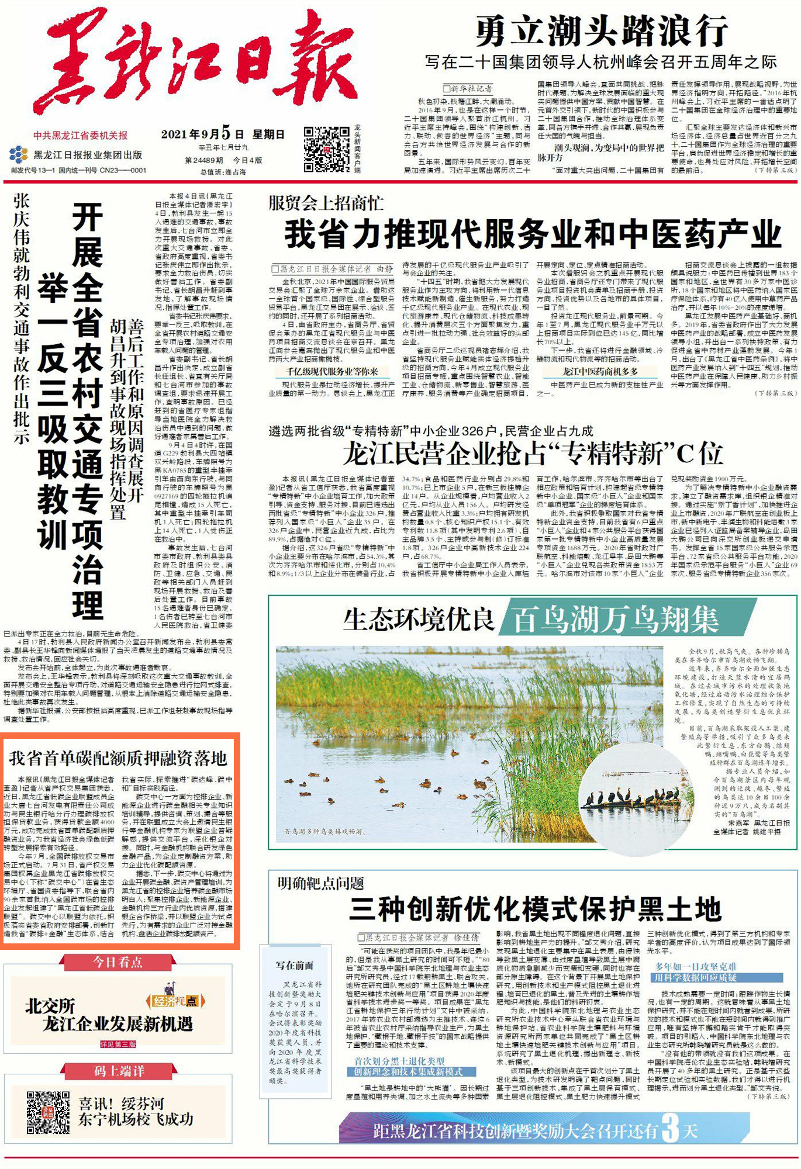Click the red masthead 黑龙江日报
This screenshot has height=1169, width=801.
click(196, 61)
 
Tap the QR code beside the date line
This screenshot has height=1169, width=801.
click(327, 149)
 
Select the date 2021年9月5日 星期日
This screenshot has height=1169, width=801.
click(223, 134)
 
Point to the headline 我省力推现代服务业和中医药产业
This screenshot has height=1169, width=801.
click(533, 234)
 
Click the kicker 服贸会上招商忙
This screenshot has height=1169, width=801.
click(326, 203)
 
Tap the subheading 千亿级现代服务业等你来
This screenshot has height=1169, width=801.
click(332, 372)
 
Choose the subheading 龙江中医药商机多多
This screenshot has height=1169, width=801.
click(600, 372)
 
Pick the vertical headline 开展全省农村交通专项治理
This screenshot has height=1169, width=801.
click(88, 409)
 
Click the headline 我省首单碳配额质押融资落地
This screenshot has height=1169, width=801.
click(118, 759)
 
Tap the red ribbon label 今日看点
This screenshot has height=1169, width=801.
click(118, 962)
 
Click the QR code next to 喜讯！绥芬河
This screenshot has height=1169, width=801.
click(48, 1112)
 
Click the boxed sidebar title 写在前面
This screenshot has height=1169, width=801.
click(295, 965)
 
